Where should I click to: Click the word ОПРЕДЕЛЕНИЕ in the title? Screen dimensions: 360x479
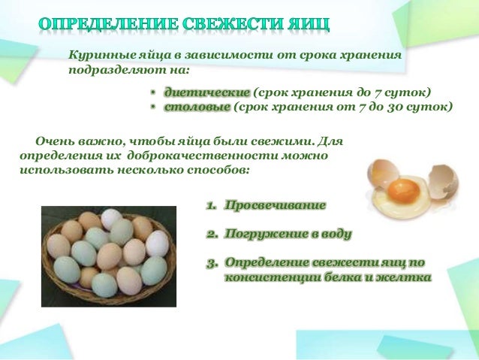pyautogui.click(x=105, y=23)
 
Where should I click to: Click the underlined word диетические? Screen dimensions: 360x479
pyautogui.click(x=206, y=92)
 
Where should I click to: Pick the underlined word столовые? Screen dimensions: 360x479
pyautogui.click(x=197, y=107)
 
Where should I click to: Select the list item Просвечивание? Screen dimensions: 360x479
pyautogui.click(x=276, y=205)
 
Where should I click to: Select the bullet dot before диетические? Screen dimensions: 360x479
pyautogui.click(x=152, y=92)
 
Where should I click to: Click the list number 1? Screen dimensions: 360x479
pyautogui.click(x=211, y=205)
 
